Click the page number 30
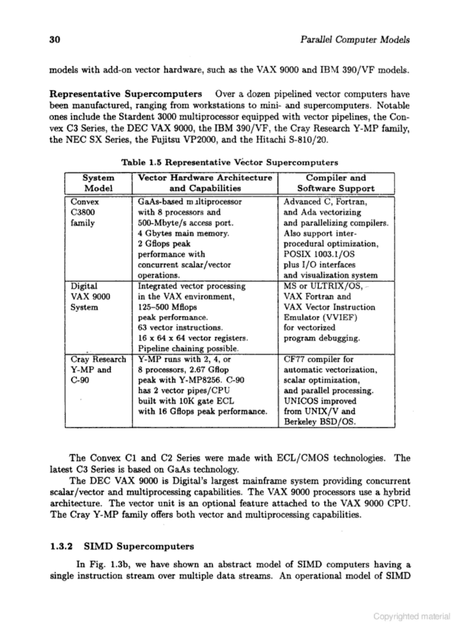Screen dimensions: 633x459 [55, 40]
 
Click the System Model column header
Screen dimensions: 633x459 [98, 183]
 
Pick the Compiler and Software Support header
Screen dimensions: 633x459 [336, 183]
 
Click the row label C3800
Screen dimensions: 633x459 [83, 212]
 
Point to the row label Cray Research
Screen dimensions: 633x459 [98, 359]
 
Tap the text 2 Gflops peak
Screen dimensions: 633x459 [164, 244]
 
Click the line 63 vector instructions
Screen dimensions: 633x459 [180, 327]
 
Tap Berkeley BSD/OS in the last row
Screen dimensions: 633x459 [320, 421]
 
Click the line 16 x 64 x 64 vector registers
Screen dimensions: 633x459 [193, 338]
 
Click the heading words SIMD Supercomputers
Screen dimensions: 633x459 [139, 546]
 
